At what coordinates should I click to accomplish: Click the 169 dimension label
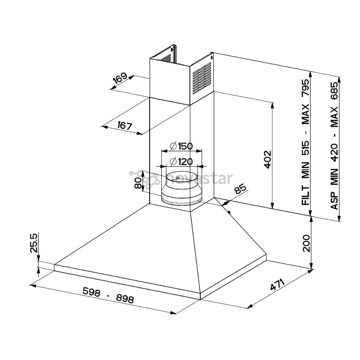point(120,78)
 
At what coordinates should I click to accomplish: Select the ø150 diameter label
point(181,146)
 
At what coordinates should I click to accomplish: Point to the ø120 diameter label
point(181,162)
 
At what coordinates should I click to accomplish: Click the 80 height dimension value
point(138,183)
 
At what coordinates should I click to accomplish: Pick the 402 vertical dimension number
point(267,160)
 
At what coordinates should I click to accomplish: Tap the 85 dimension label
point(240,189)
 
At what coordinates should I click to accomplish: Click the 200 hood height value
point(306,243)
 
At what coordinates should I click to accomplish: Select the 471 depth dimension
point(277,285)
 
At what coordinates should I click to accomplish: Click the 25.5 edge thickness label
point(34,243)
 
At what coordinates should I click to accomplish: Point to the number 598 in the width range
point(91,292)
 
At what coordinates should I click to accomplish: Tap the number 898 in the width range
point(125,299)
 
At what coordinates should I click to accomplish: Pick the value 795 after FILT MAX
point(306,88)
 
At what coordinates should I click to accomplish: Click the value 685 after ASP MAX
point(334,91)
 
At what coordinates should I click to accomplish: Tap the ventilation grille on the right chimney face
point(202,78)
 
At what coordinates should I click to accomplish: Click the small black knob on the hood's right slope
point(229,212)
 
